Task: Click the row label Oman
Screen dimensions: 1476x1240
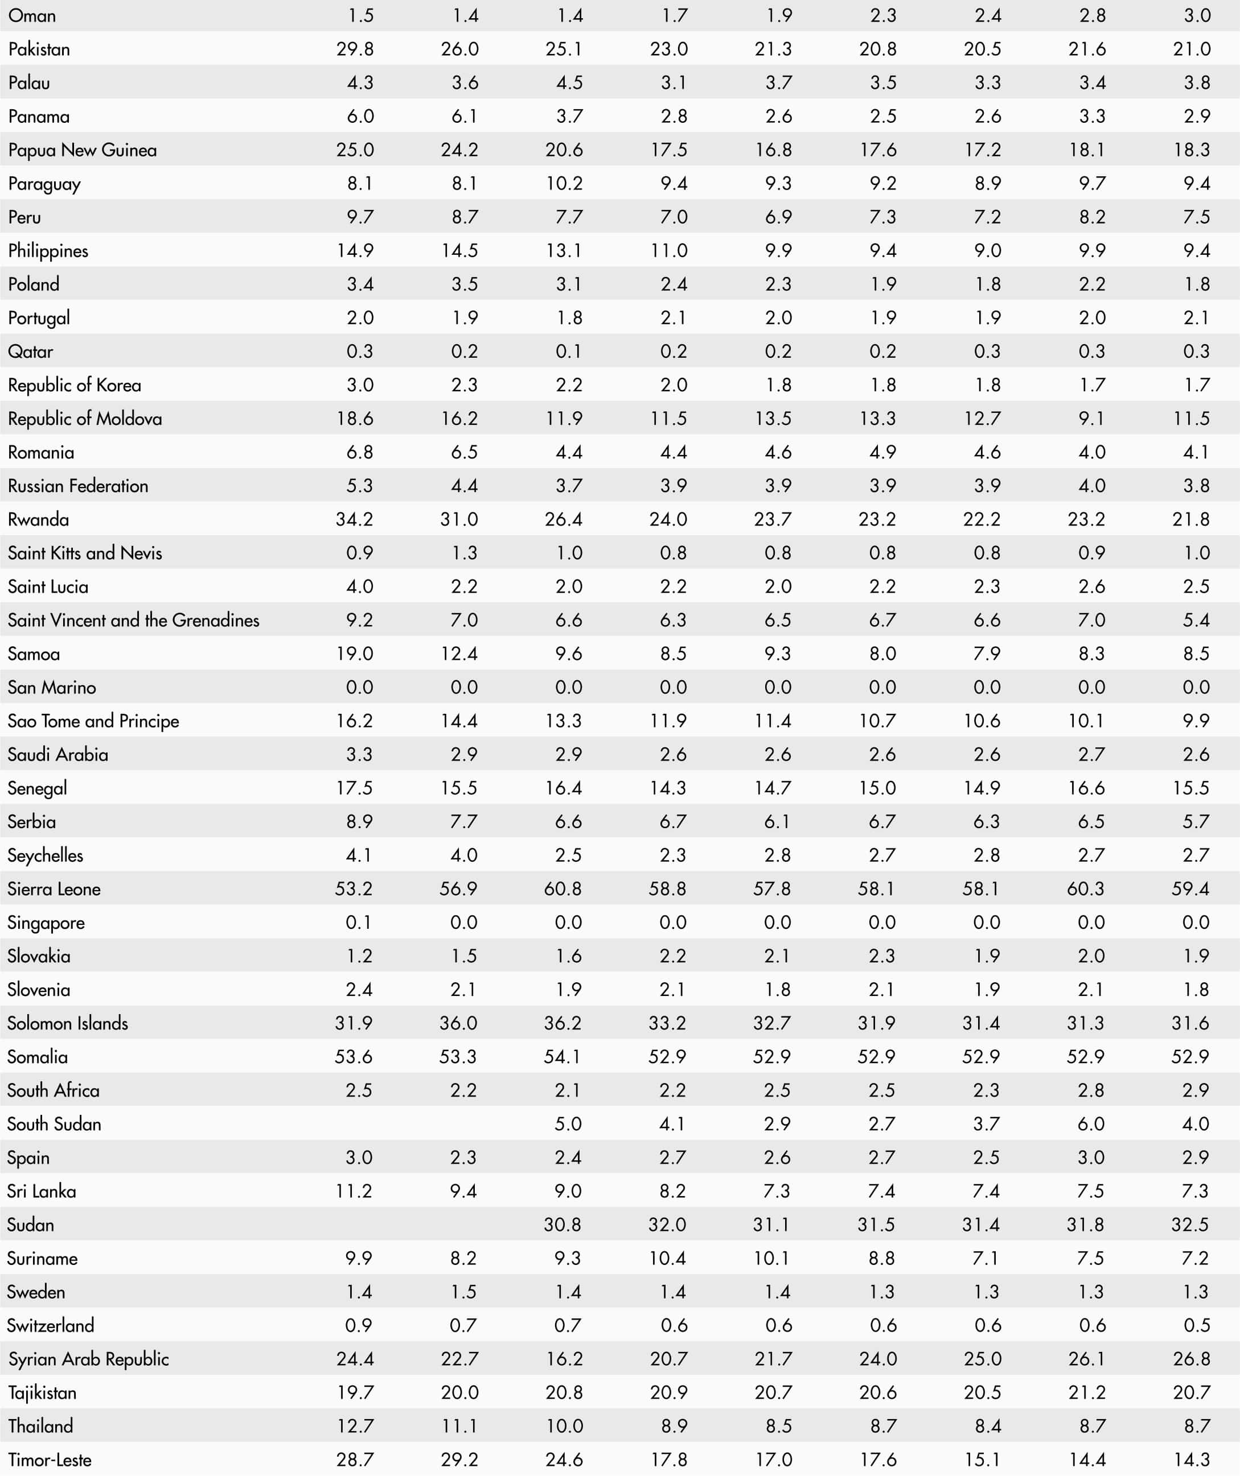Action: coord(32,15)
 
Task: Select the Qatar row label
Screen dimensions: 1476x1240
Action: coord(30,352)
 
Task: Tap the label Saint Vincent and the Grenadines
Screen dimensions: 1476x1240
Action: coord(134,620)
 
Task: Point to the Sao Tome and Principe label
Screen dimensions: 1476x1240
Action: coord(93,721)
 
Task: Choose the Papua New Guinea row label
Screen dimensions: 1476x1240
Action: coord(83,150)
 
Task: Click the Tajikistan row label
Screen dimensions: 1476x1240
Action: coord(42,1392)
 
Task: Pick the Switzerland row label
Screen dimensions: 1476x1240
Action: coord(51,1326)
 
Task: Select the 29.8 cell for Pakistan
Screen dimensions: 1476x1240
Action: coord(355,49)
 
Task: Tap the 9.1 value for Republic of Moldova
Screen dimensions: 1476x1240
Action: coord(1091,419)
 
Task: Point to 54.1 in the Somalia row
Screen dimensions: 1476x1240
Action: coord(562,1056)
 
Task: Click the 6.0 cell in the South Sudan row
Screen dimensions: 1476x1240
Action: coord(1091,1124)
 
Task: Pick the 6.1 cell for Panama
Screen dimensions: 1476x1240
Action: coord(464,117)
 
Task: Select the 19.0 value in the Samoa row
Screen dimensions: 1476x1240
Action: coord(355,654)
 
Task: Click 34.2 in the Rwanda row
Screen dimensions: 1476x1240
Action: coord(355,519)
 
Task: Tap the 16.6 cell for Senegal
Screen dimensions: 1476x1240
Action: coord(1087,788)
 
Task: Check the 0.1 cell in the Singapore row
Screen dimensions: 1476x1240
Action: coord(359,922)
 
